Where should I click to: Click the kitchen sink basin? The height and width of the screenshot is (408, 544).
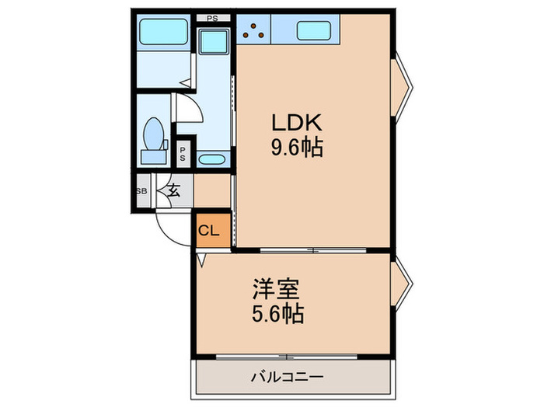(x=316, y=30)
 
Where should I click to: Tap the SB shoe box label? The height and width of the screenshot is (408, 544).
(x=141, y=191)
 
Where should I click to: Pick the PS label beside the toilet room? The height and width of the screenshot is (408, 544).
(x=183, y=153)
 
